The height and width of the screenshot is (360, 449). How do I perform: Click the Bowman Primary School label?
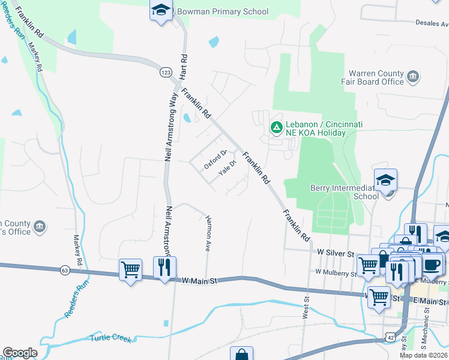[222, 12]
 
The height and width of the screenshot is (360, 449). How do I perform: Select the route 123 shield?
[166, 73]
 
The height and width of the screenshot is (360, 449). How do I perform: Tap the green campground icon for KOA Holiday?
[276, 127]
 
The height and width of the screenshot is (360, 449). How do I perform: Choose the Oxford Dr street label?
[214, 159]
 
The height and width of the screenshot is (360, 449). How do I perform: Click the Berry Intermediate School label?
[344, 191]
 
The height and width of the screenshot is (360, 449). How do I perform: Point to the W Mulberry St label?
[335, 272]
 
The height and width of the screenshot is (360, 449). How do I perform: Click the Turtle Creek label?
[110, 338]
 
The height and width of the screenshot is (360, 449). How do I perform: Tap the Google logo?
[20, 353]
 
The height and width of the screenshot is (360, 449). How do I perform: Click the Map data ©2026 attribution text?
[423, 355]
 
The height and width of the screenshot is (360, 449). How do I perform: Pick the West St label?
[306, 310]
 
